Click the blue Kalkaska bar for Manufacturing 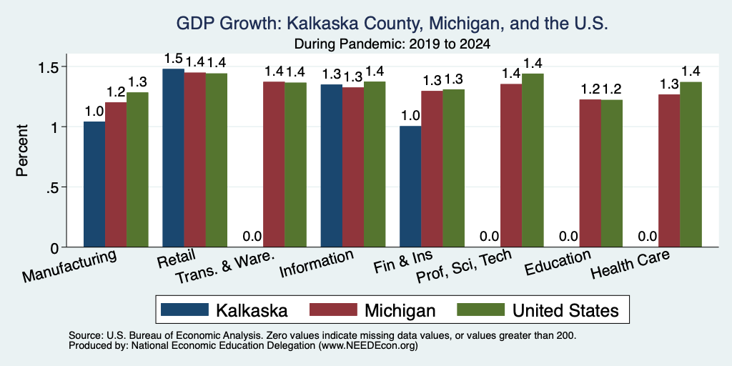[x=94, y=184]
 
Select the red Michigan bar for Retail [x=194, y=159]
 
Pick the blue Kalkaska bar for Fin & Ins [x=410, y=187]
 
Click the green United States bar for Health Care [x=691, y=164]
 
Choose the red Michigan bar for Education [x=590, y=173]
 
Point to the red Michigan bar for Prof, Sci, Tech [x=511, y=165]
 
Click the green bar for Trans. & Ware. [x=295, y=165]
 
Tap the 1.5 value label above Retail [x=173, y=59]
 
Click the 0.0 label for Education [x=568, y=236]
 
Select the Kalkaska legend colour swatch [x=184, y=310]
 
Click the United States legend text [x=566, y=310]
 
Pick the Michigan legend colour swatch [x=333, y=310]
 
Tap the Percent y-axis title [x=22, y=150]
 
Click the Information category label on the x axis [x=317, y=264]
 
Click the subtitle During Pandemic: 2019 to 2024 [x=392, y=44]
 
